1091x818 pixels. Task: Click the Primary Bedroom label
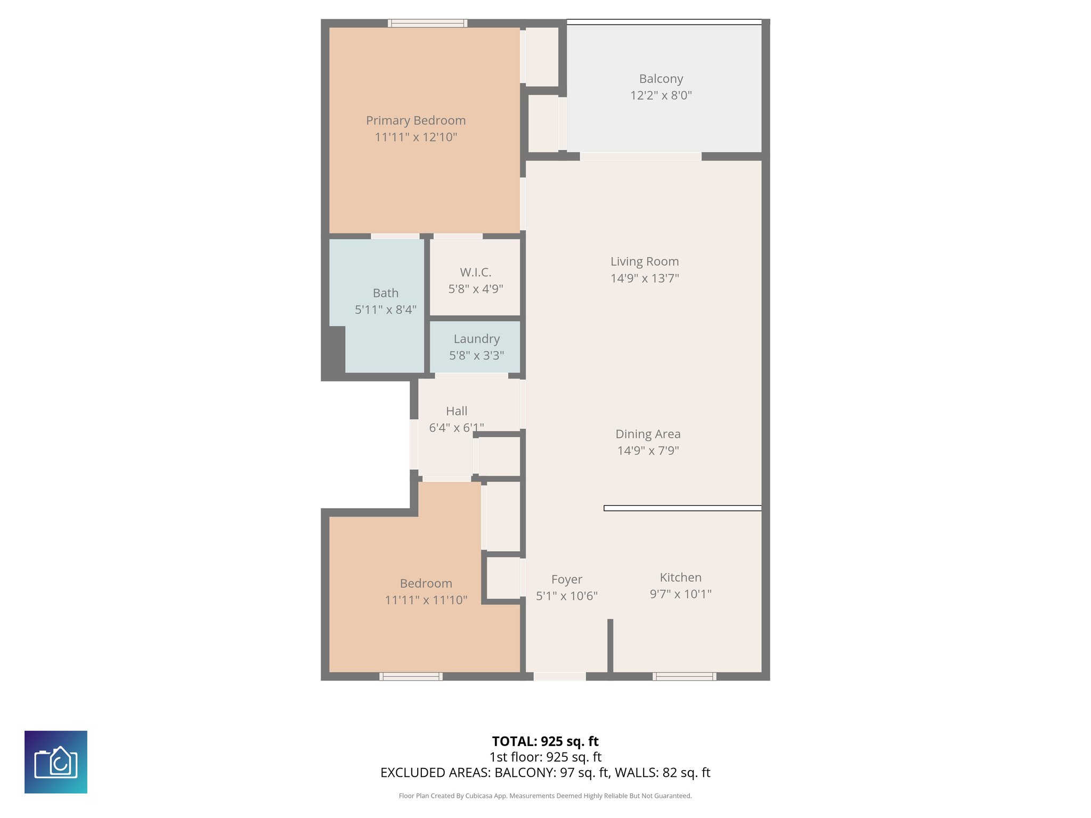416,120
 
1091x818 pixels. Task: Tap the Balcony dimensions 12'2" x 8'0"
661,95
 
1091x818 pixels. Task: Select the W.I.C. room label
475,272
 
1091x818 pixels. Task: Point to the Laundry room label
476,339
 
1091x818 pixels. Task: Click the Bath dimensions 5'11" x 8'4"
386,309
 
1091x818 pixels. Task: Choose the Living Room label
645,261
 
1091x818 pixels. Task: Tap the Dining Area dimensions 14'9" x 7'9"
648,451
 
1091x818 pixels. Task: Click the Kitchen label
680,577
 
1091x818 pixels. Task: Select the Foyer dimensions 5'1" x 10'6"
566,596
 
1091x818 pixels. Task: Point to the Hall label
457,411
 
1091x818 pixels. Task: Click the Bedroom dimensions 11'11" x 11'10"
426,600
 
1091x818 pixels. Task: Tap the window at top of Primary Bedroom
427,23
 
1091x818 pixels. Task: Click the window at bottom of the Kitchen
684,676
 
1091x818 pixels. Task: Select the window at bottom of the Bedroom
411,676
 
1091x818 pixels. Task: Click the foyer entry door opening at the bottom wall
559,676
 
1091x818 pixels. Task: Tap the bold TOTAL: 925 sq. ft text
545,741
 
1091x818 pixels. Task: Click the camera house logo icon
56,762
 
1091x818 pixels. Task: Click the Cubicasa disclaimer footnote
545,796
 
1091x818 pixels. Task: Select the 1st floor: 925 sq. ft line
545,757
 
